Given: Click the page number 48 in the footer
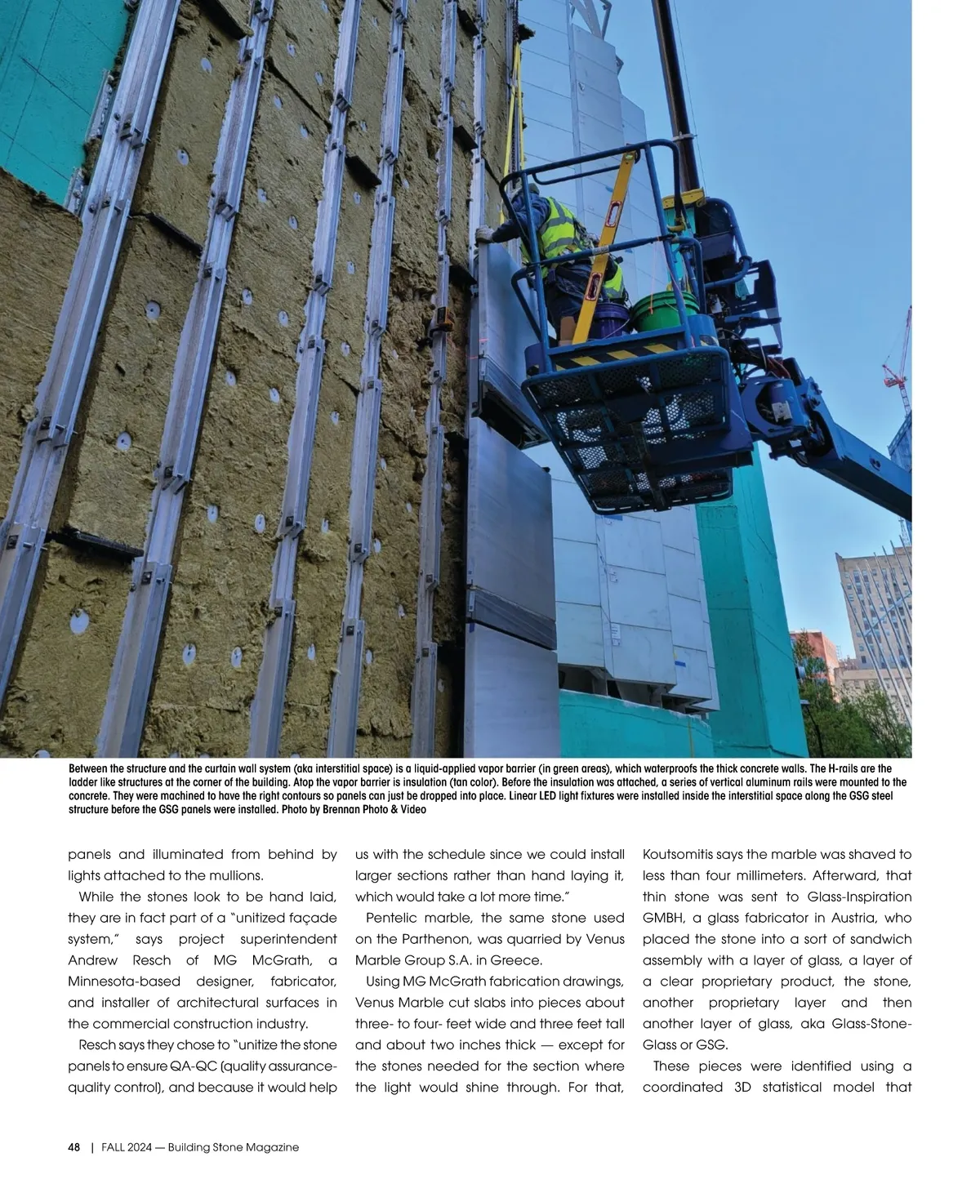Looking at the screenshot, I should tap(73, 1147).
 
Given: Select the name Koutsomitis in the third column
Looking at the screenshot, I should tap(677, 854).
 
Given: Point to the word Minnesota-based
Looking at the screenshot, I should tap(122, 981).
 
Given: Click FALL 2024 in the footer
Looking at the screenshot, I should tap(124, 1147).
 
